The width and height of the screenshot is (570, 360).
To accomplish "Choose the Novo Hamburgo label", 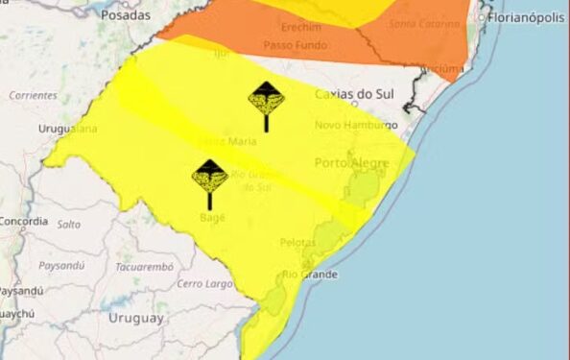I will pos(358,126).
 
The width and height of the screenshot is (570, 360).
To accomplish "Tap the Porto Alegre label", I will pos(351,163).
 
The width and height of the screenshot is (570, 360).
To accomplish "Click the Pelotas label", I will pos(298,243).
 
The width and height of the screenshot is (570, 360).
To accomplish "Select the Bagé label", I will pos(212,218).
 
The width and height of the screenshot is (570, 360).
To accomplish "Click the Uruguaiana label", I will pos(68,128).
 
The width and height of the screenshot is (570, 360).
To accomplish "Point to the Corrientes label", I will pos(34,95).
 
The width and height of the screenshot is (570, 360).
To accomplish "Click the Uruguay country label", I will pos(138,318).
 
